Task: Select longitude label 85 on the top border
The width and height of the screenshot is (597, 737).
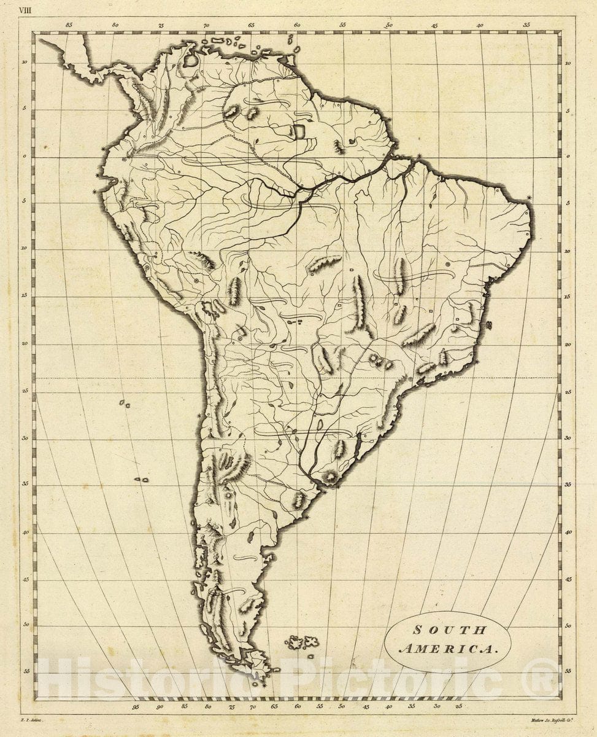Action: pos(69,26)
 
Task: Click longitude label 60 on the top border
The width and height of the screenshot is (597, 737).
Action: pos(296,26)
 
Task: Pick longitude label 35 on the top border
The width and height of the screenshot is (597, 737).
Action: pos(526,26)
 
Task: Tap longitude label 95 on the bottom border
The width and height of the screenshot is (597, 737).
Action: pos(136,707)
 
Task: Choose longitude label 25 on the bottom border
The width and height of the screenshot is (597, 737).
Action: pos(459,707)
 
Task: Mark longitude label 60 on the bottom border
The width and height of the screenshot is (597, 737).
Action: pos(297,707)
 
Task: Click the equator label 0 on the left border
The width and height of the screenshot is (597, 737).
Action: pos(24,156)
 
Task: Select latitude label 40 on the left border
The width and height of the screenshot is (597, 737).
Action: pos(24,533)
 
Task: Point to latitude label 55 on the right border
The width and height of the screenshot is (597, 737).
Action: pos(568,672)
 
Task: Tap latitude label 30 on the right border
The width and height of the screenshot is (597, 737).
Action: pos(568,438)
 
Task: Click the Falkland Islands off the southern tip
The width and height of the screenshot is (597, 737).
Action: pos(302,642)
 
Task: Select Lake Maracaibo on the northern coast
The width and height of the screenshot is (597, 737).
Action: pos(191,60)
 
